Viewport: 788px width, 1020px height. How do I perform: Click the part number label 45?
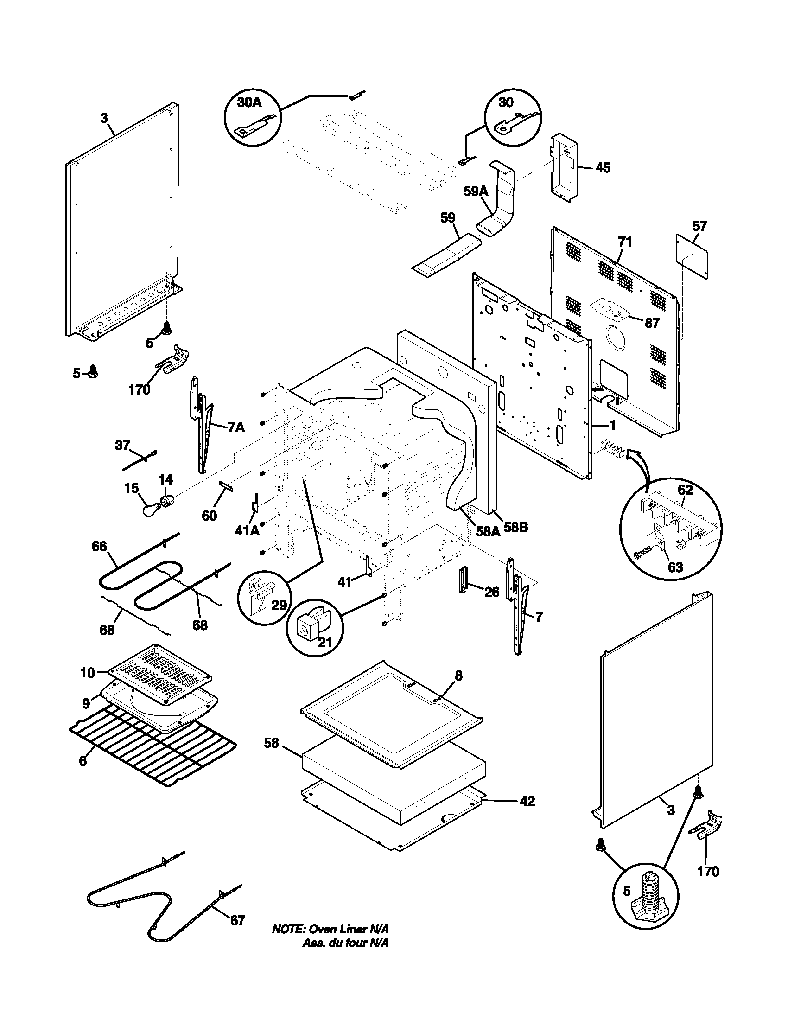point(603,168)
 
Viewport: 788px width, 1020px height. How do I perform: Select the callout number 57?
point(699,227)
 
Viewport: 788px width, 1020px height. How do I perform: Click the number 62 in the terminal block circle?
point(685,490)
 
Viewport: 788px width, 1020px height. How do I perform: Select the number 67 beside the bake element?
point(237,920)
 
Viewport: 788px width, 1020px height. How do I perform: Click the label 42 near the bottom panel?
point(527,801)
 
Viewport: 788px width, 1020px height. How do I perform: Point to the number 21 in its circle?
point(324,642)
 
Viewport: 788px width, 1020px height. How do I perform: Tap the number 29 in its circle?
point(279,605)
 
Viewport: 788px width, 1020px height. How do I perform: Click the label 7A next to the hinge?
point(236,427)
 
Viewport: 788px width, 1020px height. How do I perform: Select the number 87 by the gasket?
point(652,323)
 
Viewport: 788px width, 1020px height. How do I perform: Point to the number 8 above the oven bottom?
point(458,675)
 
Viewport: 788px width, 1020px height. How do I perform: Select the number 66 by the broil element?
point(99,547)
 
